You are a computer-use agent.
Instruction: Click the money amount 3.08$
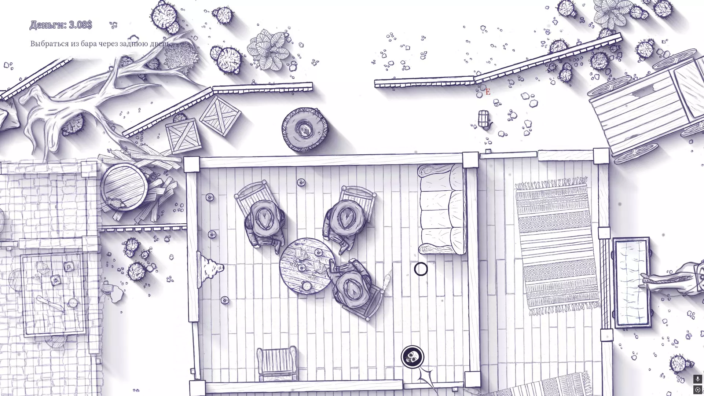tap(80, 25)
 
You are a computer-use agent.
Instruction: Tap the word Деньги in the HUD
tap(48, 25)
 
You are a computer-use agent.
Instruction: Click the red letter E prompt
tap(488, 92)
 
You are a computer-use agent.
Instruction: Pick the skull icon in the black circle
tap(412, 356)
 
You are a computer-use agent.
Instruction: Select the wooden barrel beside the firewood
tap(124, 187)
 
